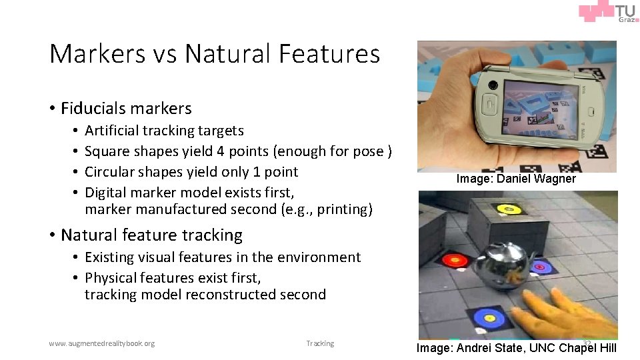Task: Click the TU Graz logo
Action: [607, 13]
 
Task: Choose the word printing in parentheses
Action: [343, 209]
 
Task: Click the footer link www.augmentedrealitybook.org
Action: [101, 343]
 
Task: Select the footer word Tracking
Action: [320, 343]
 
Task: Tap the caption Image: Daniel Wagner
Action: [516, 179]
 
